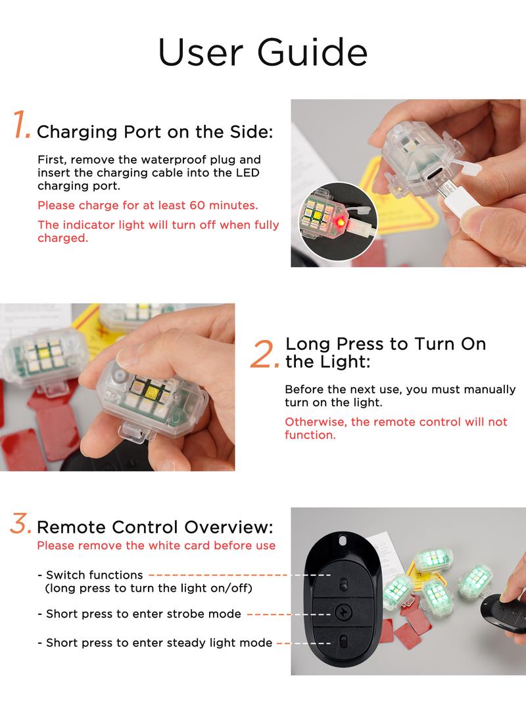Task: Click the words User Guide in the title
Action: pos(263,53)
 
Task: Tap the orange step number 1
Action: pos(21,124)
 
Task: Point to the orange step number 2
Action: pos(265,354)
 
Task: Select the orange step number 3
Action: pos(20,523)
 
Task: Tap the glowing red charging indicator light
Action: pos(340,221)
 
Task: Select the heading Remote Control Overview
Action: pos(155,527)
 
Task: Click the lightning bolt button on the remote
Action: pos(343,613)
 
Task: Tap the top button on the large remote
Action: pos(343,584)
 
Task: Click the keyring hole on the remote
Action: pos(343,541)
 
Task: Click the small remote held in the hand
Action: pos(503,612)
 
